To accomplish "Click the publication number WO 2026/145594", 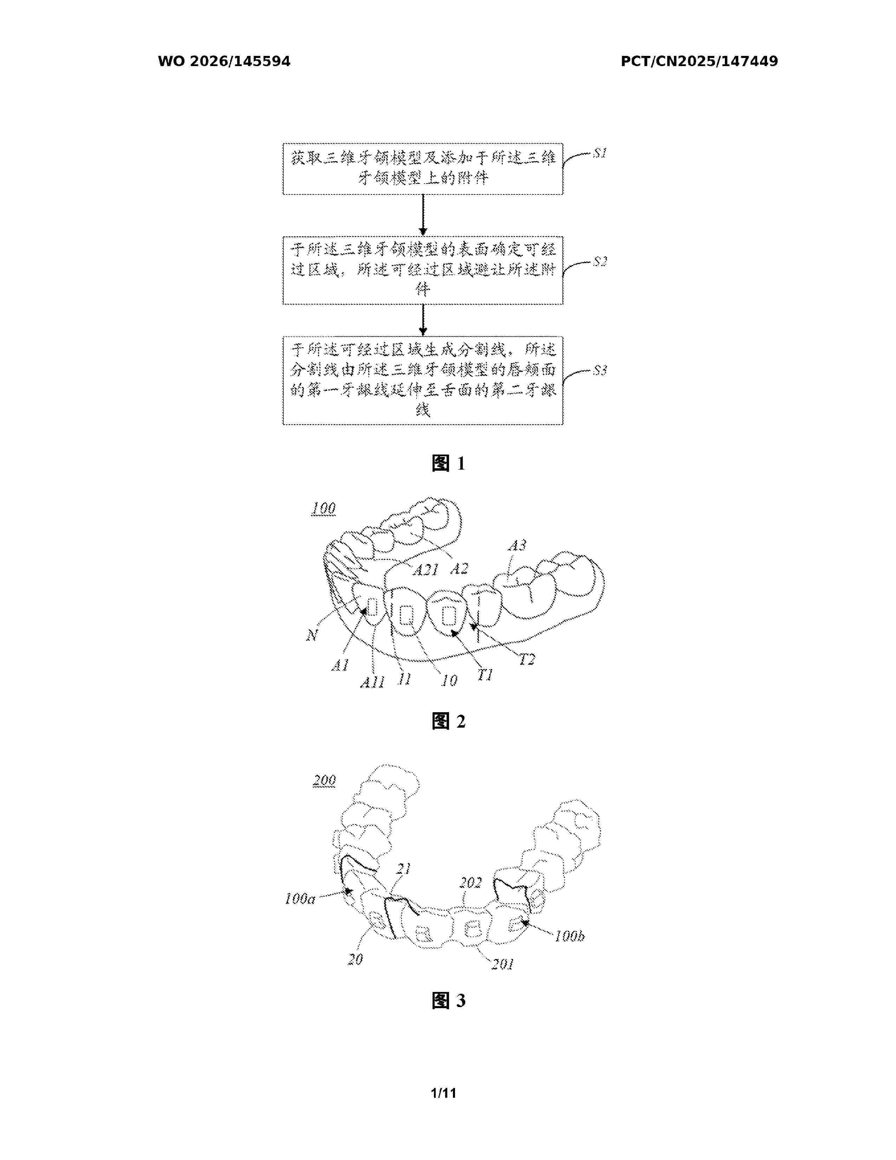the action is point(224,62).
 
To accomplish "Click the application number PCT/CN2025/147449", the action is point(699,62).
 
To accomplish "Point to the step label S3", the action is point(600,370).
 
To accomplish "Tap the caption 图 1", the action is point(449,463).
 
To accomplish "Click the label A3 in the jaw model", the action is point(517,546).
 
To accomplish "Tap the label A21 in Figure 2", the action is point(426,569).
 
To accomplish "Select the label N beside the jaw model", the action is point(312,635).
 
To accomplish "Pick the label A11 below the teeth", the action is point(372,682).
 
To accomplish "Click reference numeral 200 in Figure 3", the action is point(324,780).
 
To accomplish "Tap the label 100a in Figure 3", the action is point(300,899).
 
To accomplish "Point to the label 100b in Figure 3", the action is point(570,936).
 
